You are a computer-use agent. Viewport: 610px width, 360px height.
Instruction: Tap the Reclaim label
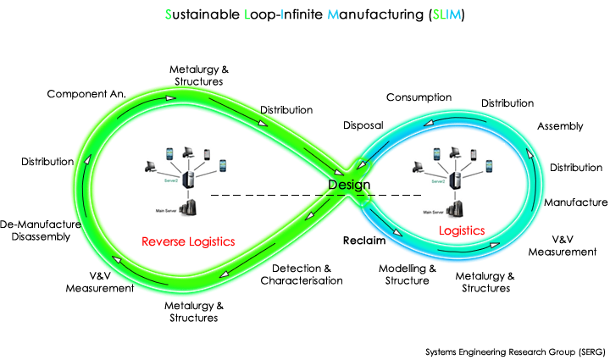pyautogui.click(x=364, y=241)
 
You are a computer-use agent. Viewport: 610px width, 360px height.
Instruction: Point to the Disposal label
pyautogui.click(x=363, y=125)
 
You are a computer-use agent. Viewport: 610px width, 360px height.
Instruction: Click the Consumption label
pyautogui.click(x=419, y=97)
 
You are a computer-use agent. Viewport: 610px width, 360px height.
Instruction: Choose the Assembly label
pyautogui.click(x=560, y=126)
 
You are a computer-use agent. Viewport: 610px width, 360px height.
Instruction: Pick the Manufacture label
pyautogui.click(x=575, y=202)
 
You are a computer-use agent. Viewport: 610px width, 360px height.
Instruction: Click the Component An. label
pyautogui.click(x=87, y=93)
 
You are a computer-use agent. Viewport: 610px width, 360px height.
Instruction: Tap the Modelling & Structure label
pyautogui.click(x=407, y=274)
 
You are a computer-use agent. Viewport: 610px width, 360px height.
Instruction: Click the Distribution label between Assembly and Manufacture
pyautogui.click(x=575, y=168)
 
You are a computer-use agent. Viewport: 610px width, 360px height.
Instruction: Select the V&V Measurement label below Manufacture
pyautogui.click(x=563, y=245)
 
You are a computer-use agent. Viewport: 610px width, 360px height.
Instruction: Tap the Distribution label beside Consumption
pyautogui.click(x=507, y=103)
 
